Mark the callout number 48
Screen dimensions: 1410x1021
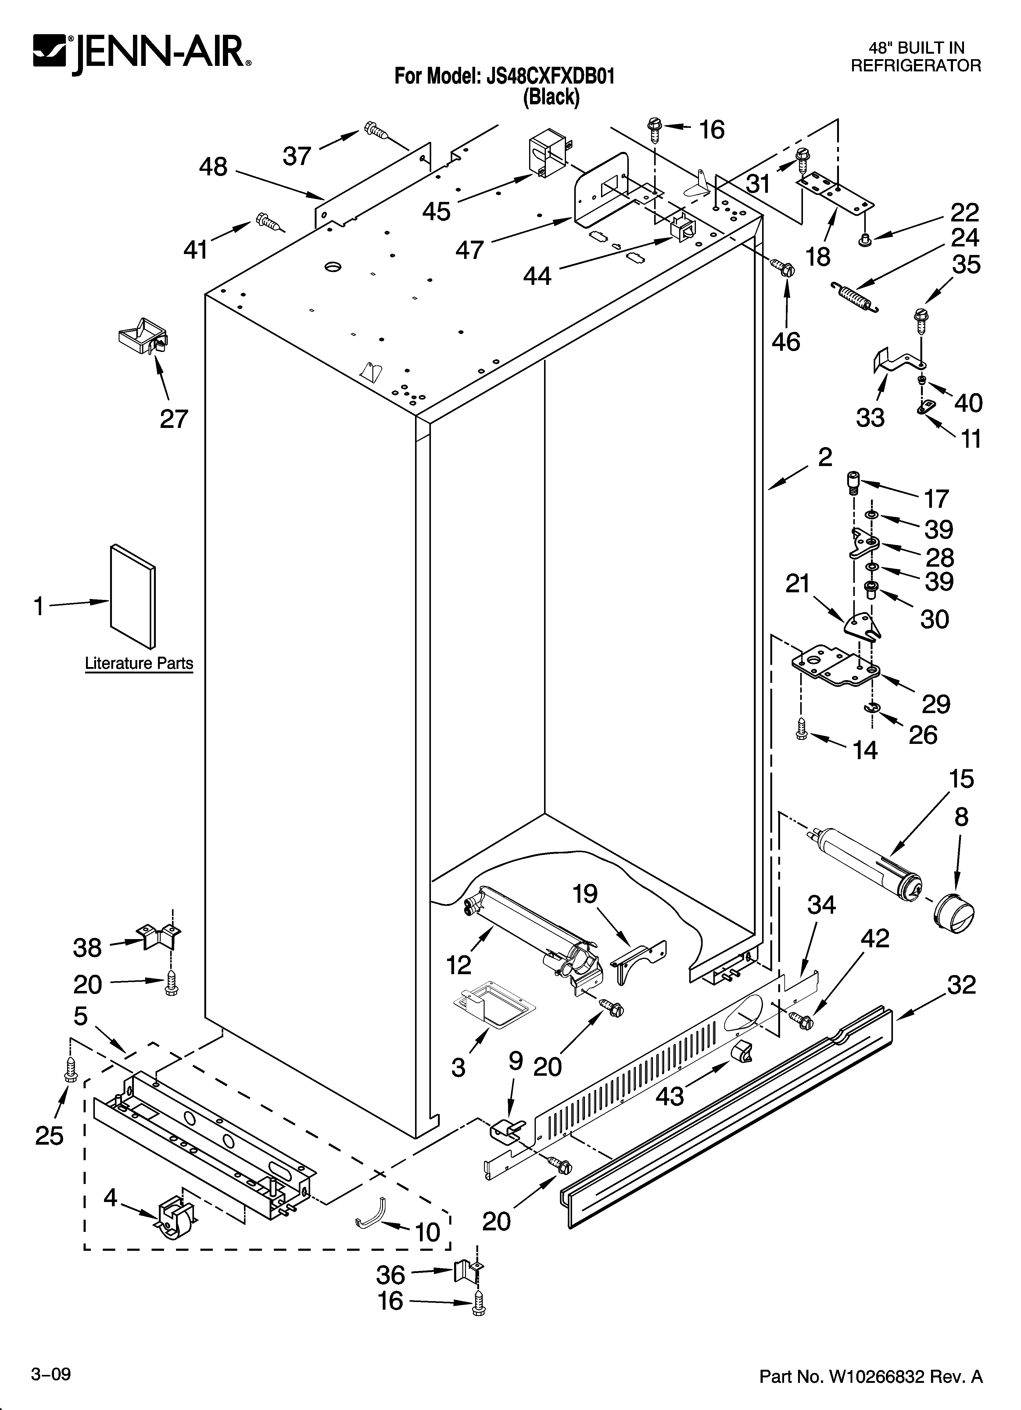point(213,167)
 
